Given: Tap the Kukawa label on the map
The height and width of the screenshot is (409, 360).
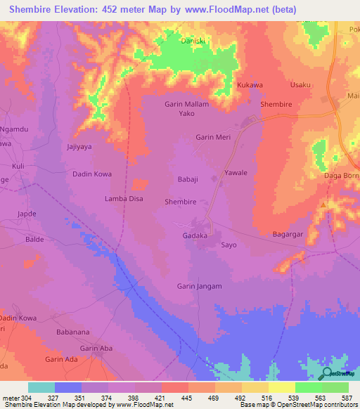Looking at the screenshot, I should pyautogui.click(x=250, y=85).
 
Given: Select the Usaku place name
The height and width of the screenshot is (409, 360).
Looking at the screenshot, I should pyautogui.click(x=300, y=85).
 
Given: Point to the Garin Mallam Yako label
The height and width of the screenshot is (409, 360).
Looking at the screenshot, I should pyautogui.click(x=186, y=108).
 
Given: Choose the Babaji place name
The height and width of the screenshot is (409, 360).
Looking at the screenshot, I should pyautogui.click(x=189, y=179).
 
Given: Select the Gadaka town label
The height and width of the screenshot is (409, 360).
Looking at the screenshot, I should pyautogui.click(x=195, y=235).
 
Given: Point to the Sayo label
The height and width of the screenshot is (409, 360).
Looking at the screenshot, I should pyautogui.click(x=229, y=245).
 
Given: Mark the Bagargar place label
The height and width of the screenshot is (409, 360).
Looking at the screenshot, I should pyautogui.click(x=288, y=234).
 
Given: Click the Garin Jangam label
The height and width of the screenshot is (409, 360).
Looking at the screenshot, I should pyautogui.click(x=200, y=286).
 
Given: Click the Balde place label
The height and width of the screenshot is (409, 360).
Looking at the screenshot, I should pyautogui.click(x=34, y=239).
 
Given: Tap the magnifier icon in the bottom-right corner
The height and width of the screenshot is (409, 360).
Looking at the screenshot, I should pyautogui.click(x=328, y=375).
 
